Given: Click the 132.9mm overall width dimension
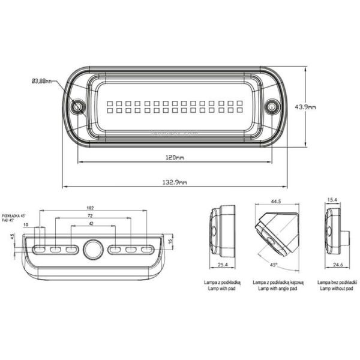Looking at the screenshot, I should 175,182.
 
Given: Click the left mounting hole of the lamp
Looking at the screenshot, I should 77,107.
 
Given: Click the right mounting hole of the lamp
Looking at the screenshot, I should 272,107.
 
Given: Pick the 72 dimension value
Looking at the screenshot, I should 90,215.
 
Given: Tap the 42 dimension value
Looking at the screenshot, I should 90,223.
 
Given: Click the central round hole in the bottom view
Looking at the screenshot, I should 93,248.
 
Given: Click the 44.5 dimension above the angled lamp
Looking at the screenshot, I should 276,202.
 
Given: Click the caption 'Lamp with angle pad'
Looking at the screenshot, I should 276,288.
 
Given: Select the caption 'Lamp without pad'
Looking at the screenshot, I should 335,288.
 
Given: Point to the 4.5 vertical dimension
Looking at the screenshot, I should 13,236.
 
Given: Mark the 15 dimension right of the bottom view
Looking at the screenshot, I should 170,242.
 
